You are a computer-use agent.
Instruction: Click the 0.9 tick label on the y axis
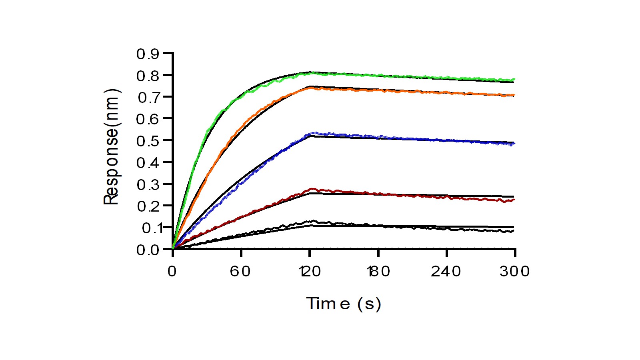click(148, 54)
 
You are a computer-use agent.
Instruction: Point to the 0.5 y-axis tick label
click(148, 141)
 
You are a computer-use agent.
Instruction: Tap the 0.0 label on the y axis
click(148, 250)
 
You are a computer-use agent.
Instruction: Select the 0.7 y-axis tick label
click(148, 98)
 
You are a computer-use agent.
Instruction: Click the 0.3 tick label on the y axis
click(148, 185)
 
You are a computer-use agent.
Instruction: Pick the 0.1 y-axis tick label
click(148, 228)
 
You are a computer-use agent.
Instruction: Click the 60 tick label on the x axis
click(240, 272)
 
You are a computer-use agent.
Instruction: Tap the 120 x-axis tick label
click(310, 272)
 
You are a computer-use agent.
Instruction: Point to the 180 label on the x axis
click(378, 272)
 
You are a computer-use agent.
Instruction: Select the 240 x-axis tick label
click(446, 272)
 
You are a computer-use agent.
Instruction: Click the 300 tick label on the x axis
click(515, 272)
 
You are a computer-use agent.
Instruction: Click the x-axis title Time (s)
click(344, 304)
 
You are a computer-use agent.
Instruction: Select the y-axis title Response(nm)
click(112, 147)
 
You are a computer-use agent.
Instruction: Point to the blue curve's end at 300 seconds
click(514, 144)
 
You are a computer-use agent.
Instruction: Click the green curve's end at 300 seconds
click(514, 80)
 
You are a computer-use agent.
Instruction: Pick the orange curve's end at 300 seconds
click(514, 95)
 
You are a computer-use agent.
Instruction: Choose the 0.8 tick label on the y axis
click(148, 76)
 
